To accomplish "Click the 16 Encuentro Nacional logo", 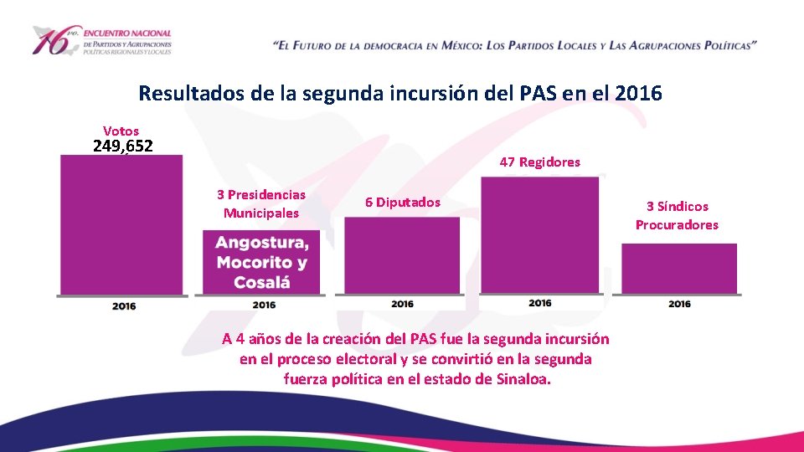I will click(x=100, y=40).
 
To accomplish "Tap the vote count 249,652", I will click(x=122, y=146).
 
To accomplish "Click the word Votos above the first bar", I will click(x=121, y=131).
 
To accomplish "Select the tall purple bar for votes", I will click(x=121, y=224).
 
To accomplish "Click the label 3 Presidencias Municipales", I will click(x=261, y=203).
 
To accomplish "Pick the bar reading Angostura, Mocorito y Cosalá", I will click(x=261, y=262).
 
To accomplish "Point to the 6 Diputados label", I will click(x=402, y=202).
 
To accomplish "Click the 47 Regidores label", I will click(x=539, y=162).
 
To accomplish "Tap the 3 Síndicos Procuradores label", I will click(x=677, y=215).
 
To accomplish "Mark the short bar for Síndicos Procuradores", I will click(x=678, y=268).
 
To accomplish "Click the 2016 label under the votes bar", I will click(x=124, y=306).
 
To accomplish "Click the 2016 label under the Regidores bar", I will click(x=540, y=303).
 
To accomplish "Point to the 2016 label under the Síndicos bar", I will click(x=679, y=304).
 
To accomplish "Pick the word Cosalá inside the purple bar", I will click(x=261, y=282).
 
